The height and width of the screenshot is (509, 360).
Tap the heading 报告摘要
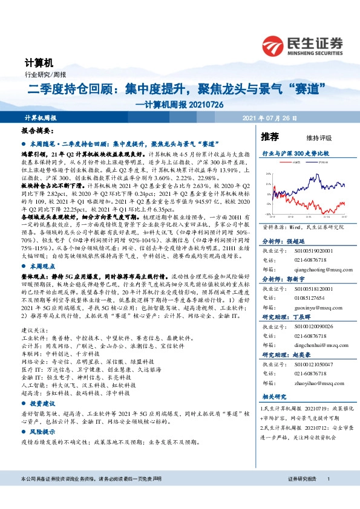[x=38, y=131]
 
